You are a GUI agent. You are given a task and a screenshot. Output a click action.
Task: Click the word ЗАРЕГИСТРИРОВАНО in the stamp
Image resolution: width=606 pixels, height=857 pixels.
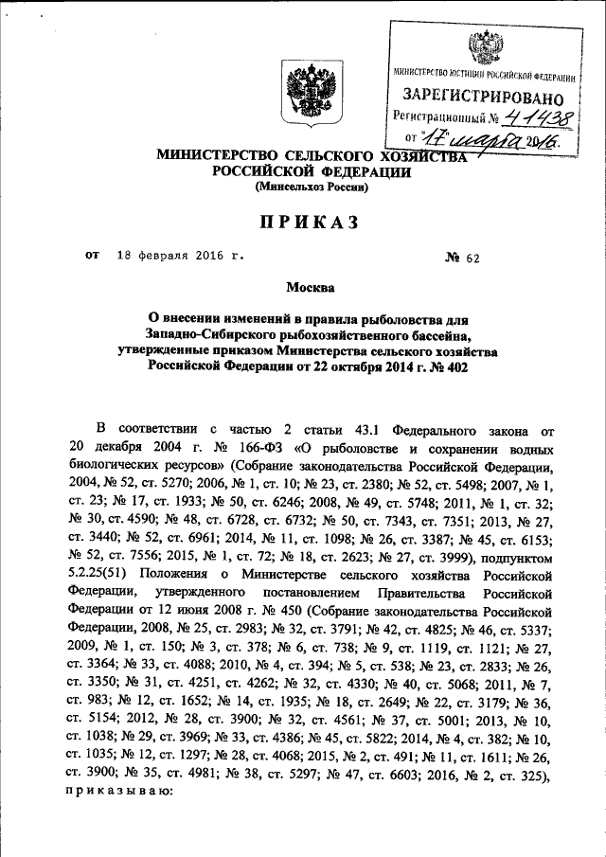coord(484,97)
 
